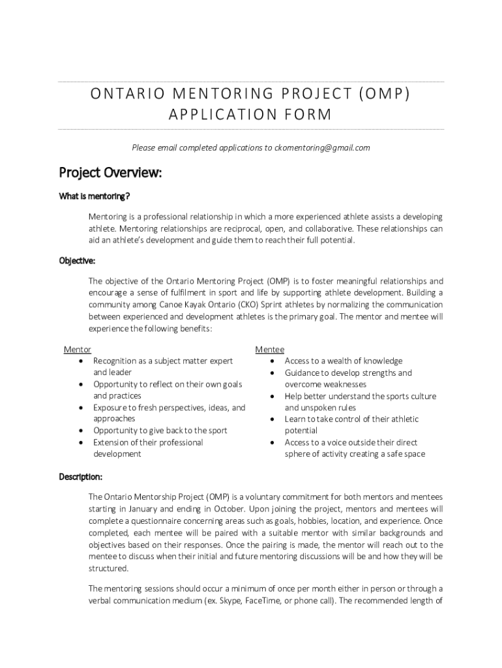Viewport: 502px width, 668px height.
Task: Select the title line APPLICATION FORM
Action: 250,115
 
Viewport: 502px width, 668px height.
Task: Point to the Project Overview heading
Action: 110,173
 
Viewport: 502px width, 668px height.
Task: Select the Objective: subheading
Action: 78,261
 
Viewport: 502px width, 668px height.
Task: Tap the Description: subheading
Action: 81,477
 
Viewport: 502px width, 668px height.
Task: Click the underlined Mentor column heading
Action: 77,350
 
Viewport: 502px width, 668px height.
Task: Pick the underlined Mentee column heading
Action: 269,350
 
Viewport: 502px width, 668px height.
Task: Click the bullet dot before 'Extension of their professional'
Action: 80,443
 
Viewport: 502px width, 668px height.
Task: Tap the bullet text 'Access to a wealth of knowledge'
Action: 343,361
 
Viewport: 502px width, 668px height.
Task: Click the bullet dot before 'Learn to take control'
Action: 271,419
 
